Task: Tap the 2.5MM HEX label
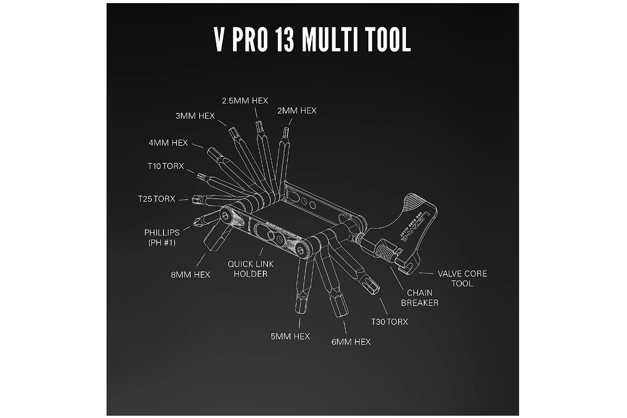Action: pos(241,100)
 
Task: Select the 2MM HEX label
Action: pos(296,110)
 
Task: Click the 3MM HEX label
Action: pos(195,116)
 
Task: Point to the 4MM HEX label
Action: pos(169,142)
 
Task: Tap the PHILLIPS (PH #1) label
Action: pos(162,237)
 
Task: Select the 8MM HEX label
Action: pos(190,274)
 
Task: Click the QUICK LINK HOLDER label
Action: pos(251,269)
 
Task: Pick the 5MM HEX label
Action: pos(290,336)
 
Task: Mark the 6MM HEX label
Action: pos(351,341)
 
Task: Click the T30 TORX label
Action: pos(389,321)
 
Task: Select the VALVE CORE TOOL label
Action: pos(462,278)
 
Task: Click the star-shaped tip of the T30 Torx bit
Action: pos(373,285)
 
